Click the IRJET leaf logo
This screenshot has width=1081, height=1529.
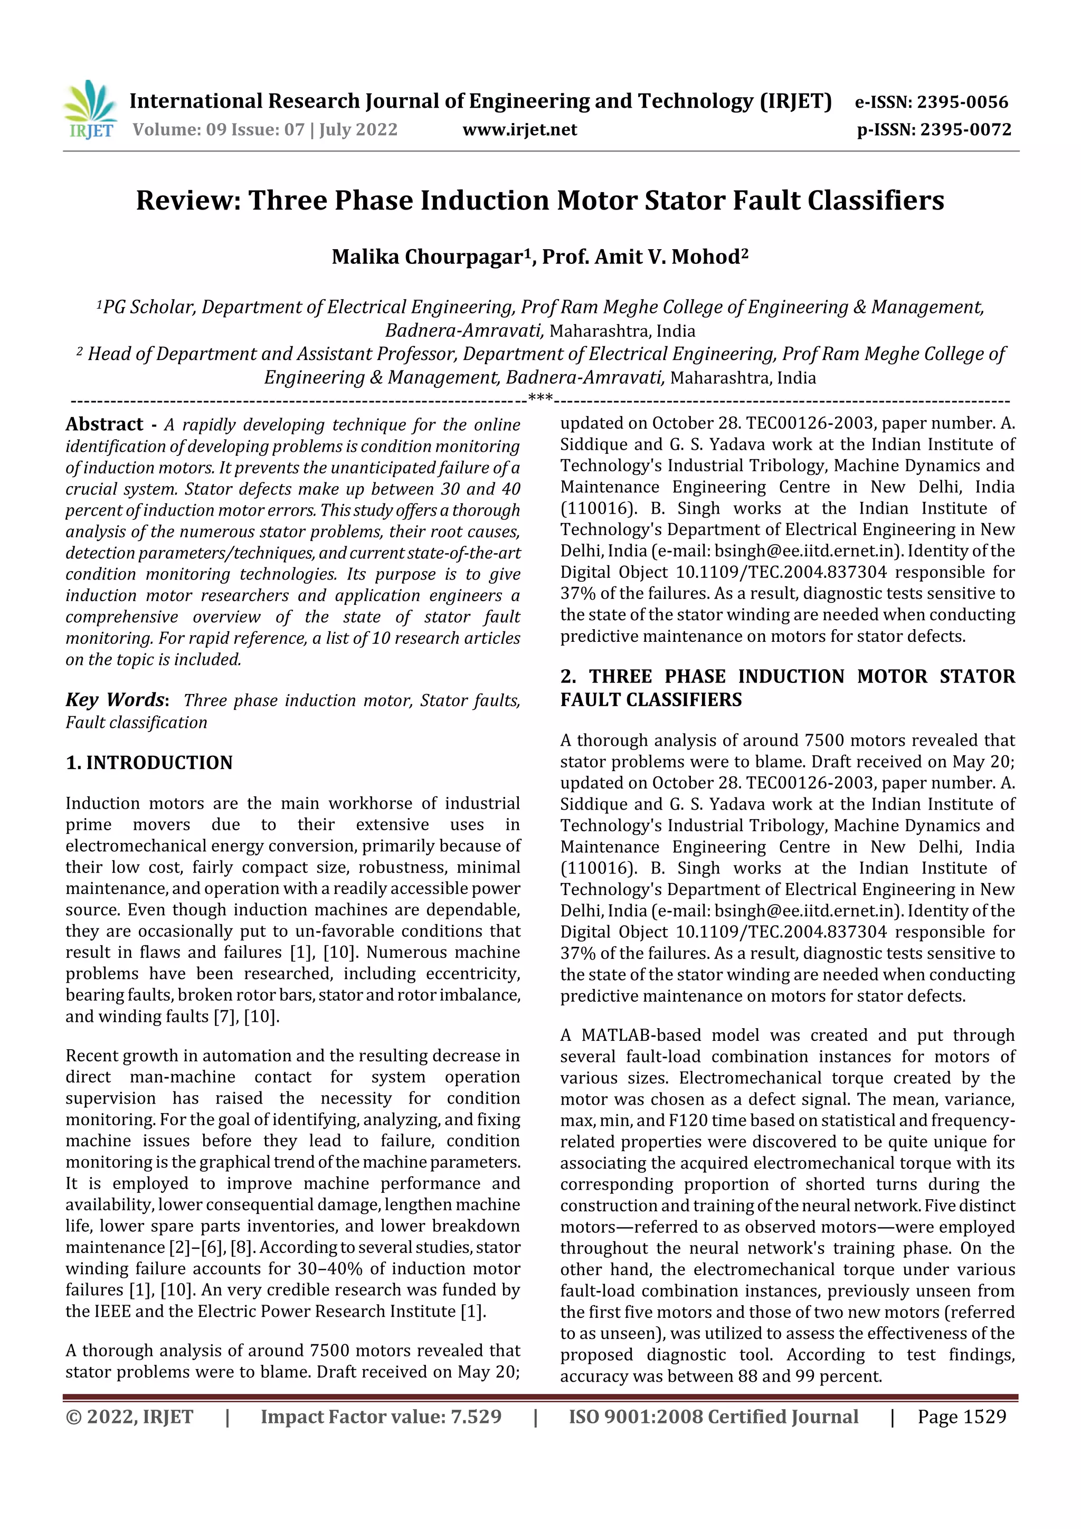click(x=89, y=109)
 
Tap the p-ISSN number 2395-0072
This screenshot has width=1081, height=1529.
click(x=966, y=130)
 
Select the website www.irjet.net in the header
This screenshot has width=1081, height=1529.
click(x=519, y=130)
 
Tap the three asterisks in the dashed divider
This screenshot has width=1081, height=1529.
click(x=540, y=398)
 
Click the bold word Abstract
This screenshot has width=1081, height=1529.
click(x=105, y=424)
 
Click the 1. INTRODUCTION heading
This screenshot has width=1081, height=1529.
click(x=149, y=763)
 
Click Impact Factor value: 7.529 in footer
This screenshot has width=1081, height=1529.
click(x=381, y=1417)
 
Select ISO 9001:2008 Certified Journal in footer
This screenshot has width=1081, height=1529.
click(x=713, y=1417)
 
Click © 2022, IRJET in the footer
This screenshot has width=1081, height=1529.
click(x=129, y=1417)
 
